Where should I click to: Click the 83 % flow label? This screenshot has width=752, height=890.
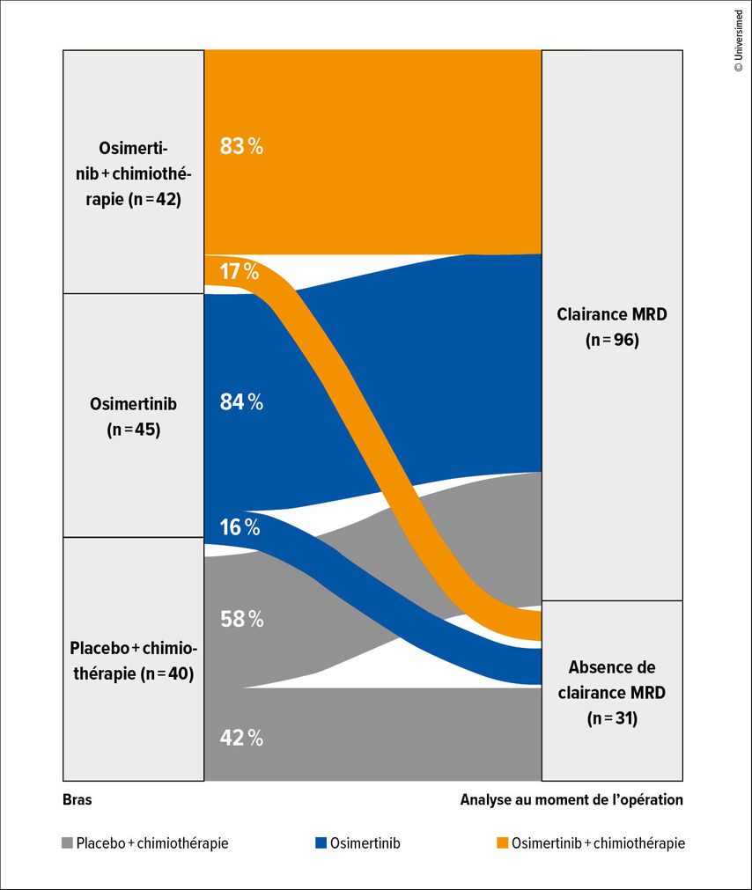241,146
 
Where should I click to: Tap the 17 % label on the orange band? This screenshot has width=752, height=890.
240,272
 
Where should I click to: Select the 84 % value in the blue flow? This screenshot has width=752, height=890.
241,402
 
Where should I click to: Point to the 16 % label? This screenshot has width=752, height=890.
240,527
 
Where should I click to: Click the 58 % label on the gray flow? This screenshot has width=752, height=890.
241,619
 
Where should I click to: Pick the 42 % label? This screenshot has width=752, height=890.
241,738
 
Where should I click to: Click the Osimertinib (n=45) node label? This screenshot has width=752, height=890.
133,416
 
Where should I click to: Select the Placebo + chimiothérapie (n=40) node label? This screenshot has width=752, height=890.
133,661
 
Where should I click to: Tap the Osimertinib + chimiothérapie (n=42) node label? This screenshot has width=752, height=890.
133,173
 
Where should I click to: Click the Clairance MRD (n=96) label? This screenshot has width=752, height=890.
611,327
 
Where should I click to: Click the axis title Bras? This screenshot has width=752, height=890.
77,799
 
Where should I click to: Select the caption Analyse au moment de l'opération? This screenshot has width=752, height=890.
571,799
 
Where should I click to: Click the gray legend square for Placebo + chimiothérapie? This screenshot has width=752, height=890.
68,843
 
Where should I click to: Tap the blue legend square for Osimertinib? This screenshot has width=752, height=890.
321,843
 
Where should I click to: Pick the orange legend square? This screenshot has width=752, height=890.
501,843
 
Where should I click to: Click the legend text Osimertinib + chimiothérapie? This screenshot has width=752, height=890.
598,843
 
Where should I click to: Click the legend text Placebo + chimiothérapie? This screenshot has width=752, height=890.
152,843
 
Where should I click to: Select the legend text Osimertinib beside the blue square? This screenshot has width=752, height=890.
365,843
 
